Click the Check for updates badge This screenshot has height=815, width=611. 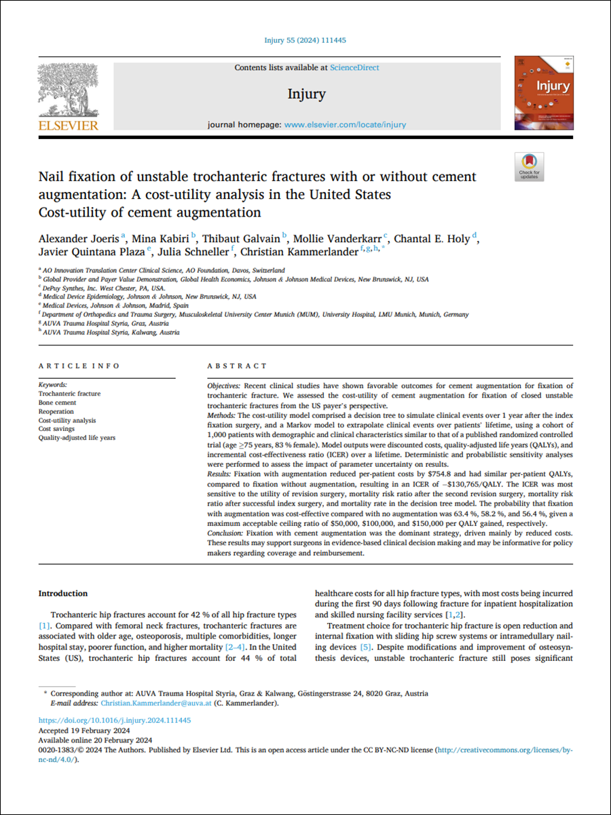(x=529, y=166)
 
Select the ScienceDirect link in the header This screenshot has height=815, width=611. (x=354, y=68)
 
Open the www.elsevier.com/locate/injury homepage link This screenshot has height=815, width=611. (x=345, y=125)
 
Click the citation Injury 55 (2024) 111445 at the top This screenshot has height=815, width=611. (x=305, y=41)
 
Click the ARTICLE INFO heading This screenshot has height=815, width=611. (x=79, y=366)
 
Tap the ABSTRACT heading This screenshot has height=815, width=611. (x=238, y=366)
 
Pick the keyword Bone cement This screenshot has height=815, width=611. (x=57, y=402)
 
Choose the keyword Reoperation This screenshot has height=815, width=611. (x=56, y=411)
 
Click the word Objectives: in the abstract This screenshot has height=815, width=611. (x=225, y=385)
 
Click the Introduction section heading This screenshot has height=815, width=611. (x=63, y=594)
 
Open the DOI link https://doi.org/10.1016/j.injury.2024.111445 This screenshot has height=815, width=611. (x=115, y=720)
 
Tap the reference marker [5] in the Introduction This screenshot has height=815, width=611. (x=365, y=648)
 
